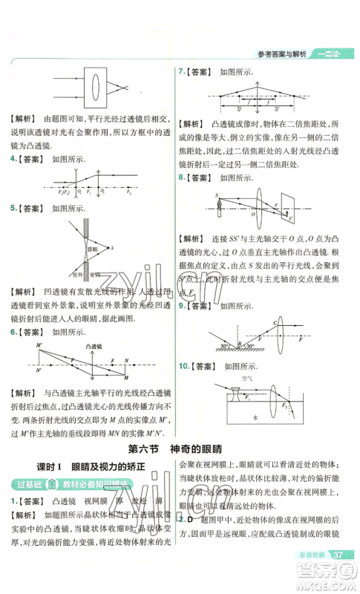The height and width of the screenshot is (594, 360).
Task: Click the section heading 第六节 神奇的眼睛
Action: pyautogui.click(x=180, y=448)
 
